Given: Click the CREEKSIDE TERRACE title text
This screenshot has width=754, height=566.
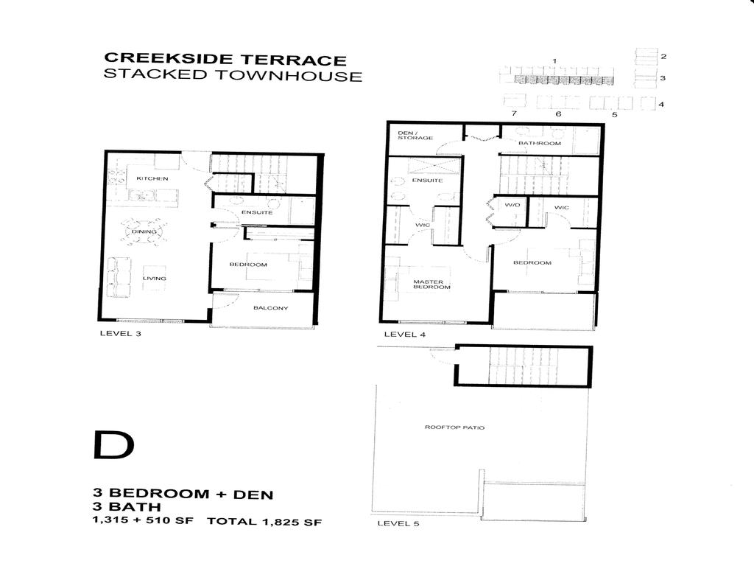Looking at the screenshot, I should click(226, 58).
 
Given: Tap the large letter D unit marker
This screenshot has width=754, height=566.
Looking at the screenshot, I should click(114, 444).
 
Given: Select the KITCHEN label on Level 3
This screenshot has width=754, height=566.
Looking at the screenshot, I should click(152, 178).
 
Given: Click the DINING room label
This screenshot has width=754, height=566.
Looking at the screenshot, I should click(144, 232).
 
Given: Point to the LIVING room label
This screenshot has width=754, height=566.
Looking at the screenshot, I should click(155, 279).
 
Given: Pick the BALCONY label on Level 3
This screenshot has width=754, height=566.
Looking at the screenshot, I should click(270, 308).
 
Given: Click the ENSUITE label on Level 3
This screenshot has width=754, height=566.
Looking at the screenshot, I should click(257, 212).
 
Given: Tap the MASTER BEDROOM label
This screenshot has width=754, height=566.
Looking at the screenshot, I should click(428, 284).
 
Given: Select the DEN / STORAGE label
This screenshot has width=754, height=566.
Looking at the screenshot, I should click(415, 135).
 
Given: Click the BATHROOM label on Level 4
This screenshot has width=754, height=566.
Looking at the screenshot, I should click(540, 143).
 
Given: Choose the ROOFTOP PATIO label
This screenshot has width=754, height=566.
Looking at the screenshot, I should click(454, 427).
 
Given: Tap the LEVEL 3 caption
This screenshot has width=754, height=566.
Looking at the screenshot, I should click(119, 333).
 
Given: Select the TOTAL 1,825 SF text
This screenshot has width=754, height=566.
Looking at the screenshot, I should click(264, 522).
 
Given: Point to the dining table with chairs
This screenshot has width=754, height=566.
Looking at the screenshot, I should click(144, 232).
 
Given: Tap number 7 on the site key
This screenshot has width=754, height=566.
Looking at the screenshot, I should click(515, 113).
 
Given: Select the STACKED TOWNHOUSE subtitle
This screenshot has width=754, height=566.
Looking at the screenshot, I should click(233, 75).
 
